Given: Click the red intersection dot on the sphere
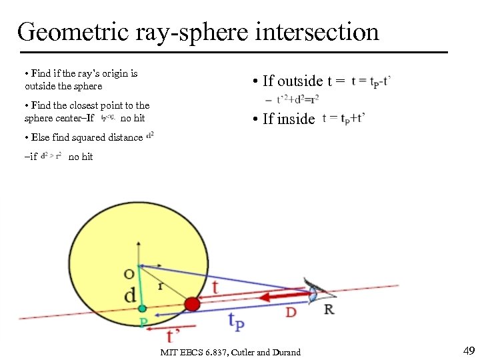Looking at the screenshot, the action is pos(192,304).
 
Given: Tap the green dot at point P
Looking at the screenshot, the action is pos(142,309).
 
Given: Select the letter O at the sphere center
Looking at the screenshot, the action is pos(129,273).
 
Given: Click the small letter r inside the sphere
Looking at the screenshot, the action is pos(161,286).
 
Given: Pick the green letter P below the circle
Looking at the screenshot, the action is pos(143,322).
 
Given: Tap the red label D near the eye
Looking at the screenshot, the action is pos(291,311).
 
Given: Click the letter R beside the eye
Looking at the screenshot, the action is pos(329,309).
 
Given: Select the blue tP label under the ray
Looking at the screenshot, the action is pos(235,322).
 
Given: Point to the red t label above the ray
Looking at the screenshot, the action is pos(215,287).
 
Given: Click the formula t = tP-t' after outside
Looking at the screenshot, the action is pos(371,81).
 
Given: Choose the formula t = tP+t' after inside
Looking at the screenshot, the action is pos(344,119).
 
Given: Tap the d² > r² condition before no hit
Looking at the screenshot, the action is pos(51,157).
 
